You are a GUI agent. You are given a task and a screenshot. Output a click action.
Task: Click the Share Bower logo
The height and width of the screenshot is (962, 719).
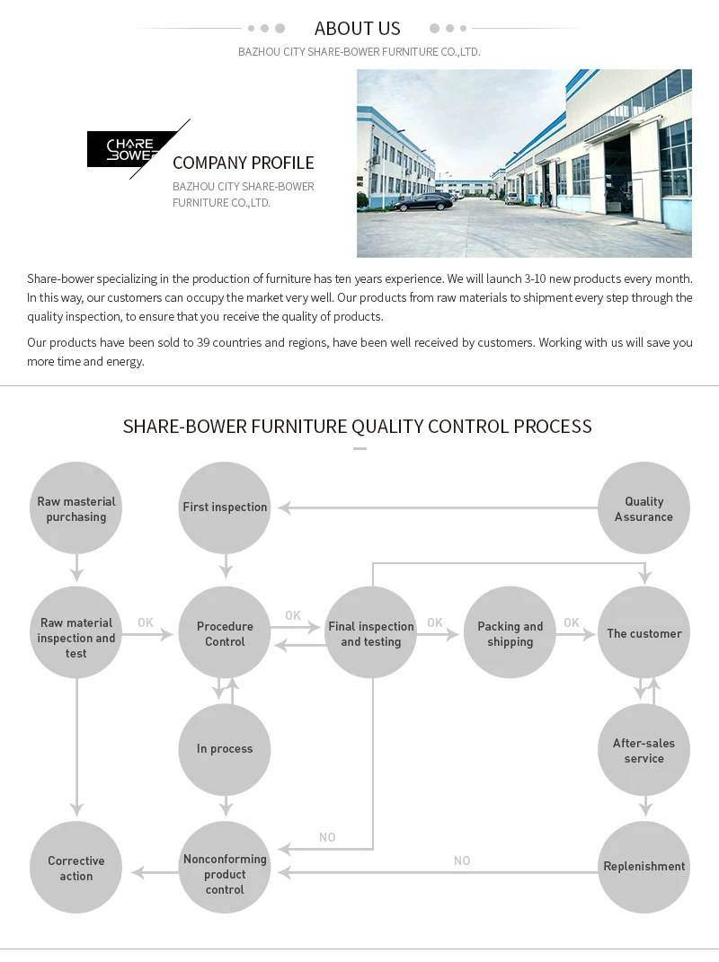(131, 149)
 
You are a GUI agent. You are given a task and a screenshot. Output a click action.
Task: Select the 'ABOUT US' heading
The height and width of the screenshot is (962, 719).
(358, 29)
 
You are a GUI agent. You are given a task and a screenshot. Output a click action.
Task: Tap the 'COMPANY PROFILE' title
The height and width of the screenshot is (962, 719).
(243, 163)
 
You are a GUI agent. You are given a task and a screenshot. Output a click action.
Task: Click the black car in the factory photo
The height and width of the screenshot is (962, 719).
(423, 203)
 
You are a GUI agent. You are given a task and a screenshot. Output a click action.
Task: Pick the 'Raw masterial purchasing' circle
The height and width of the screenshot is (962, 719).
(76, 508)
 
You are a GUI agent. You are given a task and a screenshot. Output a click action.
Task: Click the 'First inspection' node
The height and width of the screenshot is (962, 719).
(225, 507)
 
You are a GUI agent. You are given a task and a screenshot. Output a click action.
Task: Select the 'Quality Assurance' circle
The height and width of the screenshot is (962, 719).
(644, 508)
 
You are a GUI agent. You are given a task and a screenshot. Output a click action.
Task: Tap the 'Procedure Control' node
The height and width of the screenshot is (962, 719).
(225, 633)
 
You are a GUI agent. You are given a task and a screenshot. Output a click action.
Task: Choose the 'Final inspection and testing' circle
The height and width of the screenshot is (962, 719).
(371, 633)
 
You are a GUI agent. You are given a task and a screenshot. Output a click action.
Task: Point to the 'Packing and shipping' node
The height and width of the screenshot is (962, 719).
(510, 633)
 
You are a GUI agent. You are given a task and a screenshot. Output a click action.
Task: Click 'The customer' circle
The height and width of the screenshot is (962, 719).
(644, 633)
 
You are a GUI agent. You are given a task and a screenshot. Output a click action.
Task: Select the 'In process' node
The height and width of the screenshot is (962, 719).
(225, 749)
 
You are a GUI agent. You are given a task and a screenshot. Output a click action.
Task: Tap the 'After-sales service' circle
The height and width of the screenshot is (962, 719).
(644, 750)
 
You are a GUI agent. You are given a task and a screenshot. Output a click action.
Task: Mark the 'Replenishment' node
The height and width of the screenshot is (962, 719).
(644, 867)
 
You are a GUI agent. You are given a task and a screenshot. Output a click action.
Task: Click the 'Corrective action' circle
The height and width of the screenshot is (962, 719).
(76, 868)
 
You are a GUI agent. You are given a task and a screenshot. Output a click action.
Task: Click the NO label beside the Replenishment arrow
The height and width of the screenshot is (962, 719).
(462, 861)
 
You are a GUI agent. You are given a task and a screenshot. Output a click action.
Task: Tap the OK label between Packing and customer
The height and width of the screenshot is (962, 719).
(572, 622)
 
